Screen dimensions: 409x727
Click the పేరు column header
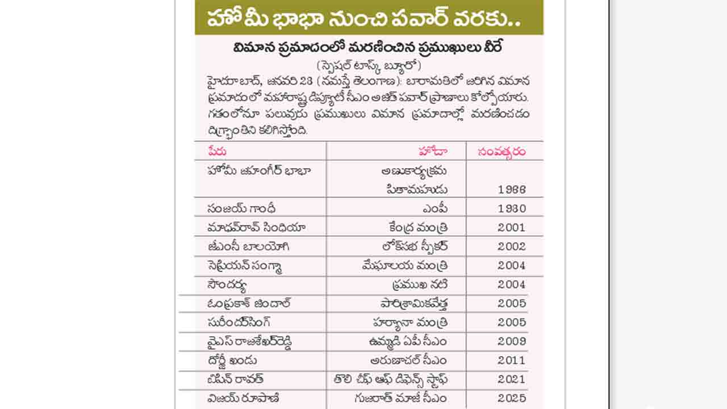click(x=217, y=151)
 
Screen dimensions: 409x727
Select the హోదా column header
click(x=432, y=151)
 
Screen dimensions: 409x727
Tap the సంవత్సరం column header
click(x=502, y=151)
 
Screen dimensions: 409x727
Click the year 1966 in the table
click(x=512, y=189)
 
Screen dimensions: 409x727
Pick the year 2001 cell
click(x=512, y=227)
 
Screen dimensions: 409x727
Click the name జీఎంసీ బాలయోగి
click(x=249, y=246)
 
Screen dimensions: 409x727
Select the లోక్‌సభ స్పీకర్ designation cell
click(x=415, y=246)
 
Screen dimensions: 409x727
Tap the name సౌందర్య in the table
click(x=227, y=284)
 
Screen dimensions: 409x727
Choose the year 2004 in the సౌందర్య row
click(x=512, y=284)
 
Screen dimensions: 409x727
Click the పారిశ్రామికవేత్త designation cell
click(x=414, y=303)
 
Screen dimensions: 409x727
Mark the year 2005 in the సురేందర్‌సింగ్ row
click(x=512, y=322)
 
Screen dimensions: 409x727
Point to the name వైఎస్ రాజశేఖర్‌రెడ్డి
click(x=250, y=341)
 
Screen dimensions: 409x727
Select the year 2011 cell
click(x=512, y=360)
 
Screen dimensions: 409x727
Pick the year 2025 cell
click(x=512, y=398)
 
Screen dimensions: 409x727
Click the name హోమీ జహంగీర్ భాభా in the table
click(x=259, y=170)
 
